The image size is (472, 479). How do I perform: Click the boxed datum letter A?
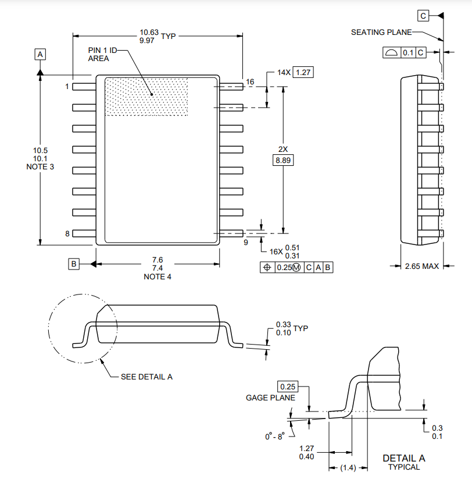click(x=40, y=54)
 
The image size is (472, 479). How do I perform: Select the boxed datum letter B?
click(x=74, y=264)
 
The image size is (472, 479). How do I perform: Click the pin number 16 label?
click(x=250, y=82)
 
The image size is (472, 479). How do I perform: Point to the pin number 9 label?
click(x=245, y=242)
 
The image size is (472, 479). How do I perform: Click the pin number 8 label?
click(x=67, y=233)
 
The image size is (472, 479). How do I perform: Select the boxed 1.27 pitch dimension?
click(x=303, y=73)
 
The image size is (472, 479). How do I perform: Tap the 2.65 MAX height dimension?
click(x=421, y=266)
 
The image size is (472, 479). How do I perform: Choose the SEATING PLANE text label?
click(x=381, y=32)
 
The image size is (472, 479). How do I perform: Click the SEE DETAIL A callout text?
click(x=146, y=377)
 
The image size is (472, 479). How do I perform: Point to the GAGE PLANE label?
click(x=270, y=398)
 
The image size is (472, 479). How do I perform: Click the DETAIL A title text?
click(x=403, y=458)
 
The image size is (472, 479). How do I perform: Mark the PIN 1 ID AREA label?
click(x=102, y=55)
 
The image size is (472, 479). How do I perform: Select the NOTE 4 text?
click(x=158, y=276)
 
